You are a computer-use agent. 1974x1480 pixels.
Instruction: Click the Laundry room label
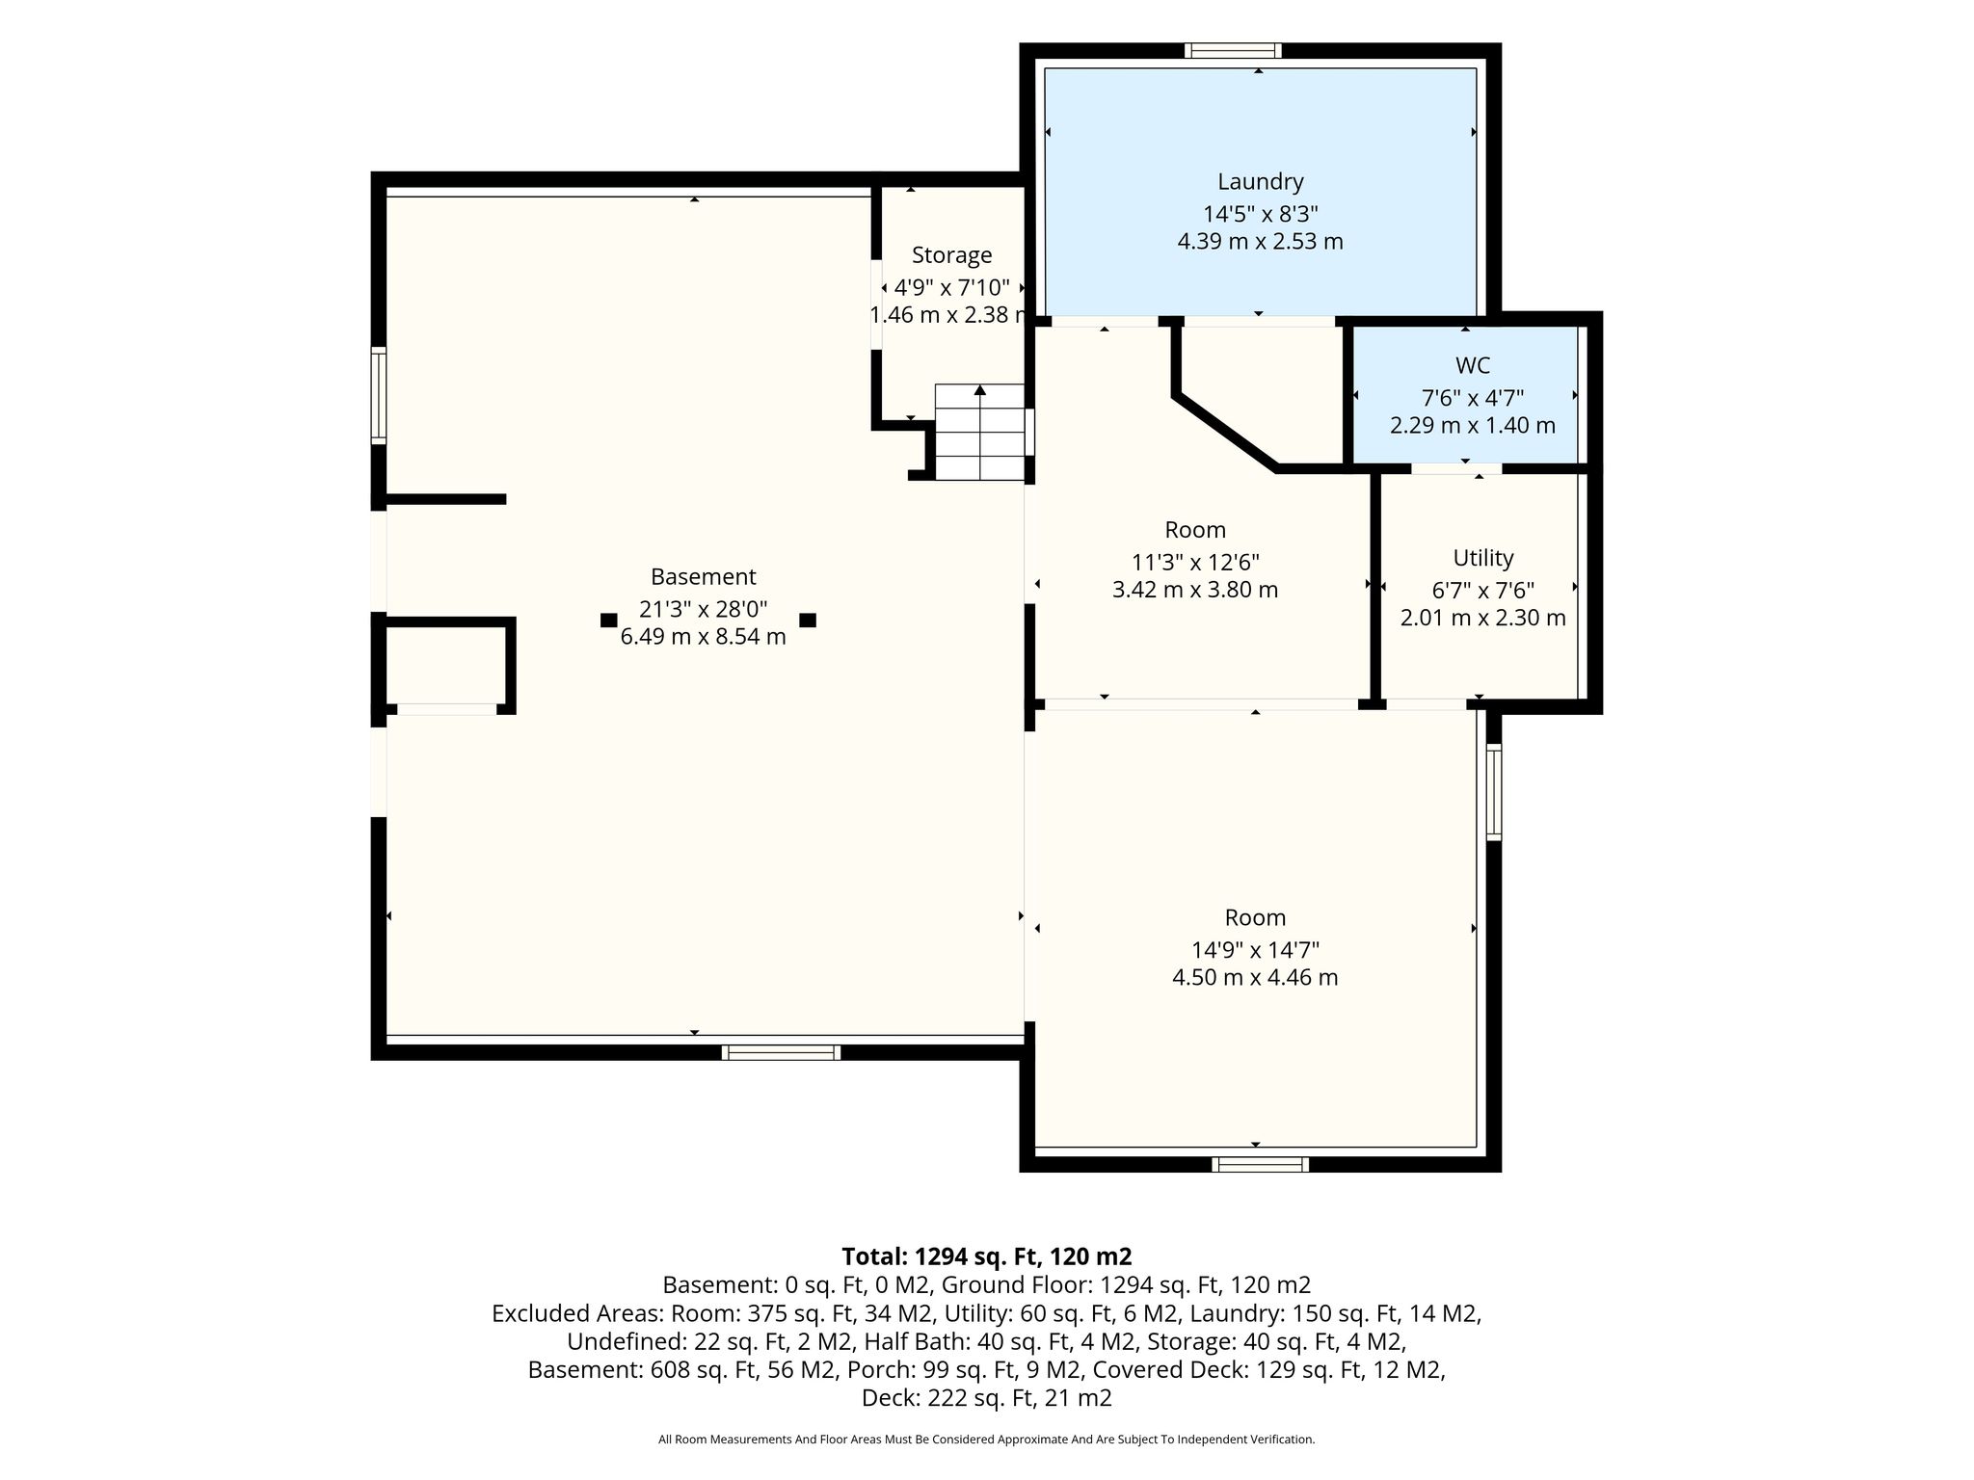pos(1260,181)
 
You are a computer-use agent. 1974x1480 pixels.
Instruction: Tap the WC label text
pos(1473,366)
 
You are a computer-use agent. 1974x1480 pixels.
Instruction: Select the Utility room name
pos(1483,558)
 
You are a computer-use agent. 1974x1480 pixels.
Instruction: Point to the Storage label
pos(951,255)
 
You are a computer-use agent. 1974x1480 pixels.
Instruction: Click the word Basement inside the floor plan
pos(703,576)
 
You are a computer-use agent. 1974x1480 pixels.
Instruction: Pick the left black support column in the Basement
pos(608,621)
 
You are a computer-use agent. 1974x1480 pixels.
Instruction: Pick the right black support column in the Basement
pos(808,621)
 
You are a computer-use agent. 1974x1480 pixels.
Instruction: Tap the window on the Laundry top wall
pos(1233,51)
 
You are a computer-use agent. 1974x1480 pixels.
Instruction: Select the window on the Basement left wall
pos(379,395)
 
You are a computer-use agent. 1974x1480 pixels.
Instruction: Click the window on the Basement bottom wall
pos(781,1052)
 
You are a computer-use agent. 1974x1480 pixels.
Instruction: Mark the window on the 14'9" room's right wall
pos(1493,791)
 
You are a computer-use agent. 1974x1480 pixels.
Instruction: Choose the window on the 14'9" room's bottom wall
pos(1260,1164)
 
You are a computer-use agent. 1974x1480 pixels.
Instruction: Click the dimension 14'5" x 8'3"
pos(1260,213)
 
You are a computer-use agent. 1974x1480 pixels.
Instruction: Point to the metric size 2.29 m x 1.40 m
pos(1473,426)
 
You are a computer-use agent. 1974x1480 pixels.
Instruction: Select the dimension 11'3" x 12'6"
pos(1195,562)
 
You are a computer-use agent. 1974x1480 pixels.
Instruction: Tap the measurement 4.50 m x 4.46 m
pos(1255,978)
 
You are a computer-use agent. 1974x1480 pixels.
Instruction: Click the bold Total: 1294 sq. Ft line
pos(987,1256)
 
